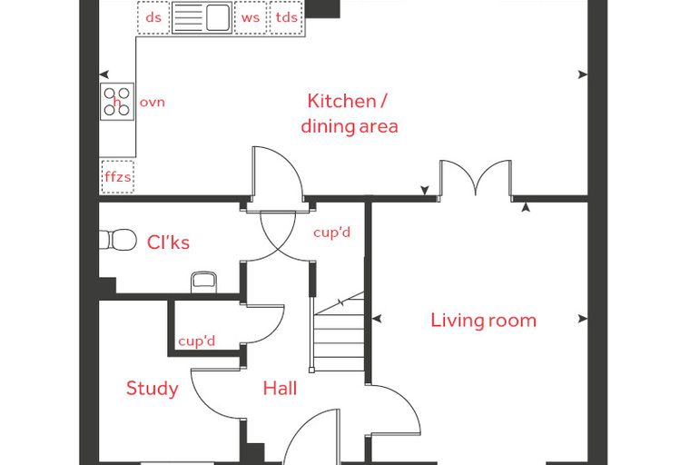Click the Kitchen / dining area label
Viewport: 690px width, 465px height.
[x=350, y=114]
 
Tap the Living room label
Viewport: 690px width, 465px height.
[x=483, y=320]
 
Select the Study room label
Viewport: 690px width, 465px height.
[x=153, y=389]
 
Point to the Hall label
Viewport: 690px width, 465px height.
[x=280, y=388]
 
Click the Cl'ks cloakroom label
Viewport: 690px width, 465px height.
[x=168, y=242]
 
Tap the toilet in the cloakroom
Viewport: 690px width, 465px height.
[x=118, y=240]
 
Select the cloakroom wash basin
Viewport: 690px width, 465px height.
[x=203, y=282]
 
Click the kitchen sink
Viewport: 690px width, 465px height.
[x=202, y=17]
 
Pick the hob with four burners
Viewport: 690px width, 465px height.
[x=117, y=102]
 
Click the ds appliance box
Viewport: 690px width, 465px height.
[x=153, y=17]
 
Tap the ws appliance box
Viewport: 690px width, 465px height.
[x=251, y=17]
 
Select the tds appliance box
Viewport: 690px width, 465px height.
[x=287, y=17]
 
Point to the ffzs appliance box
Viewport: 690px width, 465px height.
[x=117, y=176]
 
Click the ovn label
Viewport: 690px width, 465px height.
[x=153, y=103]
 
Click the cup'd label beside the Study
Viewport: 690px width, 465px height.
[x=197, y=341]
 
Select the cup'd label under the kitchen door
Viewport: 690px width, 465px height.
[x=331, y=232]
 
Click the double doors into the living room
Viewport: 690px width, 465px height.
[x=476, y=178]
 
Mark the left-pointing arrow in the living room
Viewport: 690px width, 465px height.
[x=377, y=319]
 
